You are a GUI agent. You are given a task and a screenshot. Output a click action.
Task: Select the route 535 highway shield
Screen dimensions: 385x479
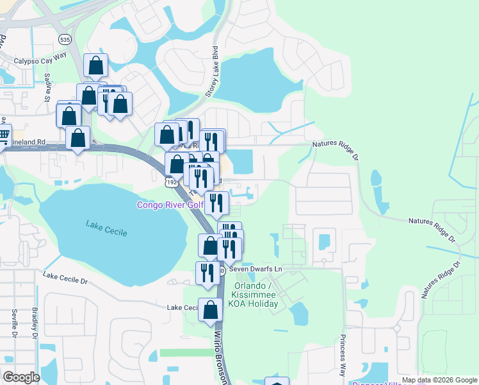[64, 39]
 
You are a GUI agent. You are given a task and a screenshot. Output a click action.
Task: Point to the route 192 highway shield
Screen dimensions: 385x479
[171, 183]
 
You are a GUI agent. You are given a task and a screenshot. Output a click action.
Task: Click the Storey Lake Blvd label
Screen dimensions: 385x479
[211, 71]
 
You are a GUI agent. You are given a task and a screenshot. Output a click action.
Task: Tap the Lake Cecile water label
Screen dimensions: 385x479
[107, 227]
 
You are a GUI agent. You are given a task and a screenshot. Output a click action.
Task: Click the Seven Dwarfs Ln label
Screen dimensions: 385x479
[261, 269]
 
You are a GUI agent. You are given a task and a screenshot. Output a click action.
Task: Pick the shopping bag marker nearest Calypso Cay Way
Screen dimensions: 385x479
[95, 65]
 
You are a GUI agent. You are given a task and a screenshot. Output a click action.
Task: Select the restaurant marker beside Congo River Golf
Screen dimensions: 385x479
[217, 203]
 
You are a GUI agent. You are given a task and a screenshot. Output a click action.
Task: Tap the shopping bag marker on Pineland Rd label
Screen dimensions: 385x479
[78, 138]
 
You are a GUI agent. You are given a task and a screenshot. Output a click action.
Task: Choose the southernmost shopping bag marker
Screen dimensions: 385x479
[210, 310]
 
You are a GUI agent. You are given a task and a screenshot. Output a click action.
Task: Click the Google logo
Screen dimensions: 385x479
[22, 377]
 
